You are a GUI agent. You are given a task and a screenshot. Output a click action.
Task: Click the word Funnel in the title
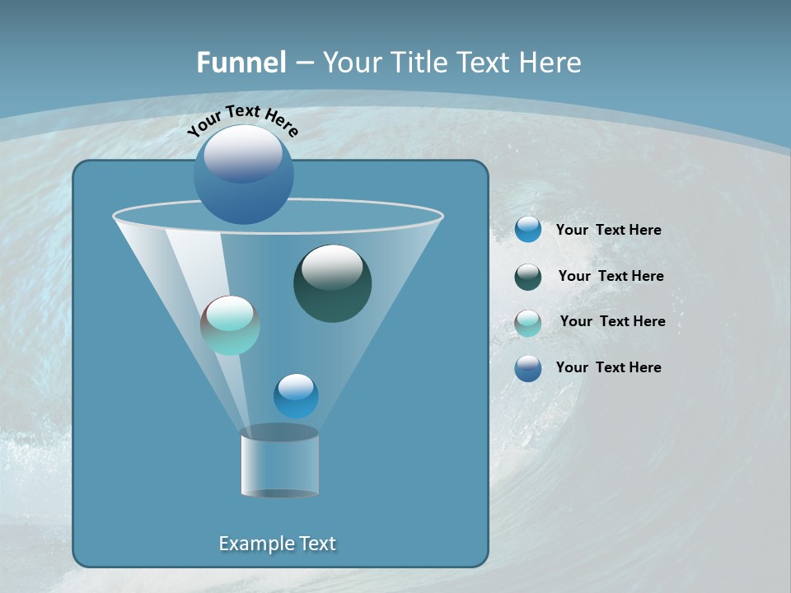click(241, 63)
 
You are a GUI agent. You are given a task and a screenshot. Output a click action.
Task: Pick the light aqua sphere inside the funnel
click(231, 326)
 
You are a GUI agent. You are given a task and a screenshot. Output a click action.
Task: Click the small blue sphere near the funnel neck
click(296, 396)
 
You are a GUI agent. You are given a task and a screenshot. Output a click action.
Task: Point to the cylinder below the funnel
click(280, 465)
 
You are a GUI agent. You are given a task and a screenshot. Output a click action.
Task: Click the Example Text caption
click(278, 544)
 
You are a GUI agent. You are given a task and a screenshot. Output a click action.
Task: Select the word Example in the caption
click(250, 544)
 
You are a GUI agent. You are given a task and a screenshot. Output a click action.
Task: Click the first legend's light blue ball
click(528, 230)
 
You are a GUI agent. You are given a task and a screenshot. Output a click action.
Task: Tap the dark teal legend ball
click(528, 277)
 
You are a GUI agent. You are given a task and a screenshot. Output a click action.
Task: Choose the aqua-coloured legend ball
click(528, 323)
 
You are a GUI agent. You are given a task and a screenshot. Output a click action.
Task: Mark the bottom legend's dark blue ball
click(528, 368)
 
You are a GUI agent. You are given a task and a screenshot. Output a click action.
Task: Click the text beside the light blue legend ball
click(609, 230)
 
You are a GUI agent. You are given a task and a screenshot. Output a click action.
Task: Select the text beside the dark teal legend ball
click(611, 276)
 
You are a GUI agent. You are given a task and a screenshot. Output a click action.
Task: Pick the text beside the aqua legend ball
click(612, 321)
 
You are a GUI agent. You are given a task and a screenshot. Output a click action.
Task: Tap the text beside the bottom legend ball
click(609, 367)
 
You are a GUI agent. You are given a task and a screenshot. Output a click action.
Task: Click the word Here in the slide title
click(550, 63)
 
